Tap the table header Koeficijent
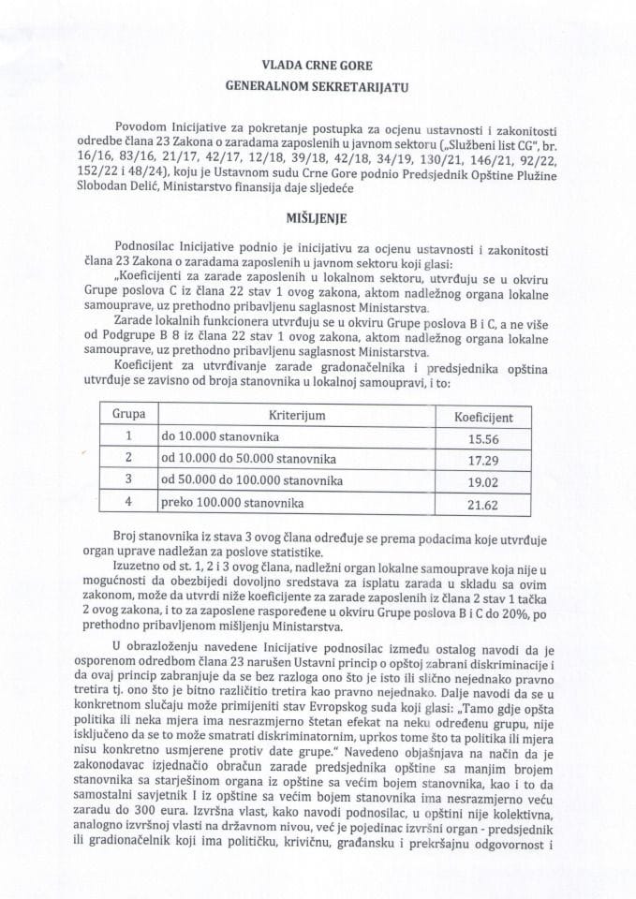click(x=481, y=413)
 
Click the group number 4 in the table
click(x=131, y=504)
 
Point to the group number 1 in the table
click(x=131, y=436)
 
